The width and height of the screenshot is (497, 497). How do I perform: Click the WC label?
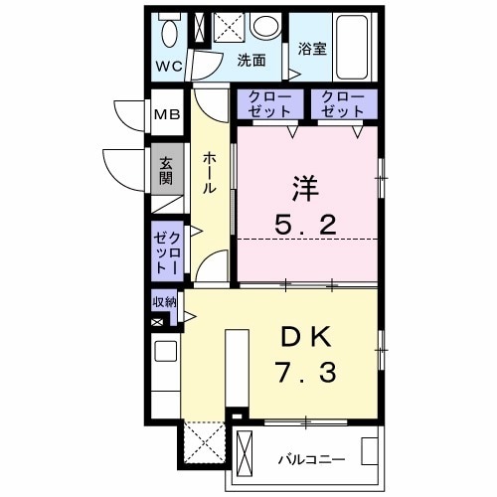coord(168,68)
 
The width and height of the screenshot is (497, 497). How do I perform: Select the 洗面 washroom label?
coord(250,61)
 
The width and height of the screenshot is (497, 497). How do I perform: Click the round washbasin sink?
coord(264,28)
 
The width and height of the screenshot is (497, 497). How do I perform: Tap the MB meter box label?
coord(164,114)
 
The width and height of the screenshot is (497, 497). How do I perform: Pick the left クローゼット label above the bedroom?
coord(262,105)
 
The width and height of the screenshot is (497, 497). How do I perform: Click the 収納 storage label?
coord(164,302)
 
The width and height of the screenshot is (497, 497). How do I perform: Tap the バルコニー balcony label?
coord(311,460)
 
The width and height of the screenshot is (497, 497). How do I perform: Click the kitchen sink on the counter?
coord(165,351)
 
